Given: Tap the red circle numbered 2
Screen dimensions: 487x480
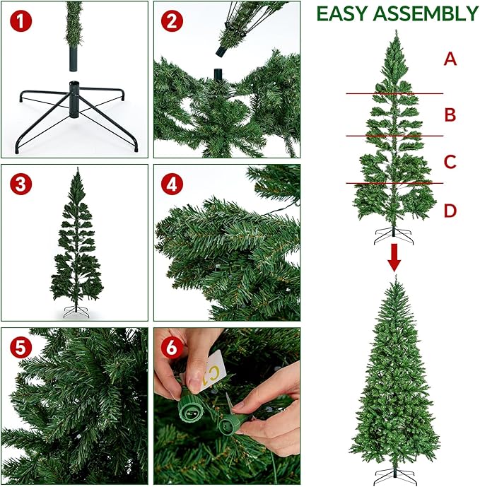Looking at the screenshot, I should point(171,21).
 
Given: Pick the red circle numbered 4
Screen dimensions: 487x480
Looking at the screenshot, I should point(171,185).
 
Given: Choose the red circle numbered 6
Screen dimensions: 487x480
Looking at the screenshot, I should point(171,348).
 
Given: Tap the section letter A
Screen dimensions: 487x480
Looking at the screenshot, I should point(450,59).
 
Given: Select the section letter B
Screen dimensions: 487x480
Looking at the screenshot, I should point(450,115).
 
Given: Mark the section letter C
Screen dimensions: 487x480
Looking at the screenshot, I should point(450,162).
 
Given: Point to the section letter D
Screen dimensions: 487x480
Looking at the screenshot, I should point(450,210).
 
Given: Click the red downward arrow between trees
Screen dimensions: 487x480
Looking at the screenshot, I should point(394,258).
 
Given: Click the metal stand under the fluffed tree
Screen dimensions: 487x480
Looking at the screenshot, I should point(394,475).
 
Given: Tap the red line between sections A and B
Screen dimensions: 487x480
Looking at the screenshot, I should point(394,93).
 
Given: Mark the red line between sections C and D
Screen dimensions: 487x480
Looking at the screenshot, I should point(394,184).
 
